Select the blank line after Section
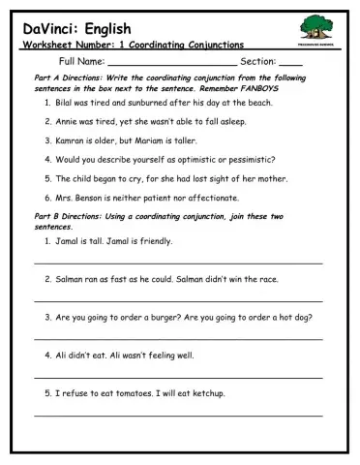pyautogui.click(x=290, y=64)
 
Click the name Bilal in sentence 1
pyautogui.click(x=67, y=103)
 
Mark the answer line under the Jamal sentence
pyautogui.click(x=179, y=263)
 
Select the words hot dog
pyautogui.click(x=295, y=317)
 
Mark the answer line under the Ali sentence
pyautogui.click(x=179, y=378)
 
